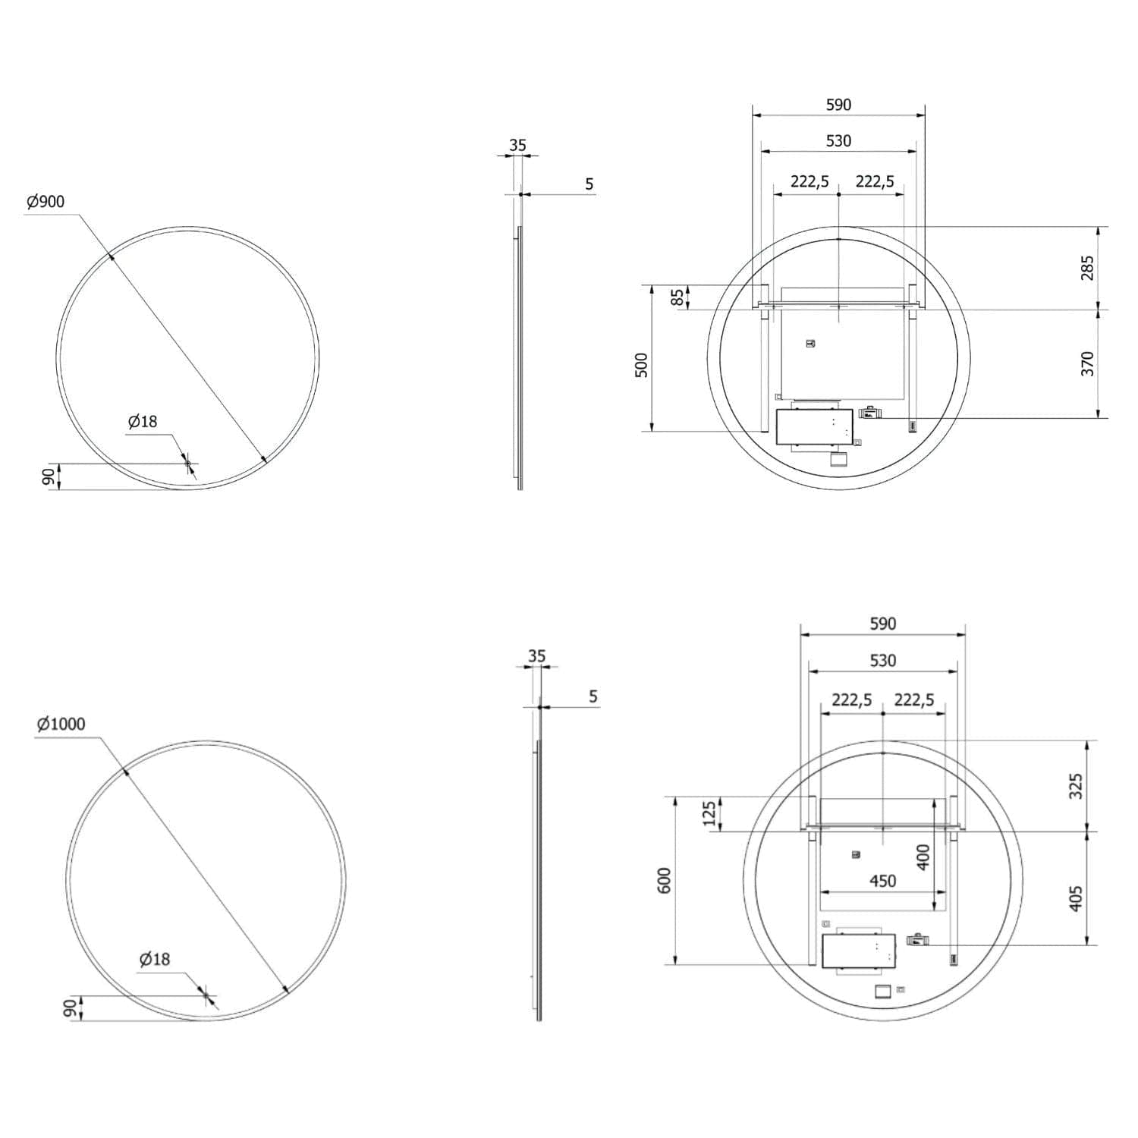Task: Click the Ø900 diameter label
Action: pyautogui.click(x=46, y=202)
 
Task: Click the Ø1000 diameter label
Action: pyautogui.click(x=61, y=724)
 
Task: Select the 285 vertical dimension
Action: pyautogui.click(x=1087, y=268)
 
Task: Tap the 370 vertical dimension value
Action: pyautogui.click(x=1087, y=363)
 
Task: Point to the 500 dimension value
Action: pyautogui.click(x=642, y=365)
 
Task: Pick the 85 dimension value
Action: pyautogui.click(x=677, y=297)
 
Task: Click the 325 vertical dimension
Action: pyautogui.click(x=1075, y=786)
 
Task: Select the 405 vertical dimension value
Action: pyautogui.click(x=1075, y=898)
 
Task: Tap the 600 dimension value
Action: pyautogui.click(x=665, y=880)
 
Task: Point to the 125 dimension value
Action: pyautogui.click(x=709, y=813)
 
